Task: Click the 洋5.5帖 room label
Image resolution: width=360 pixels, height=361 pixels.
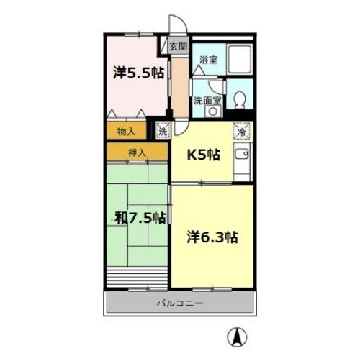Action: pos(138,73)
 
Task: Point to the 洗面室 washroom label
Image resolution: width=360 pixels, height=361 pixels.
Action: pos(207,101)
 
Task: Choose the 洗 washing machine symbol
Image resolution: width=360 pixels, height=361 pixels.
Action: pos(163,131)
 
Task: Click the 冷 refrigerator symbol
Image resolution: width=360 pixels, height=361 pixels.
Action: pos(242,132)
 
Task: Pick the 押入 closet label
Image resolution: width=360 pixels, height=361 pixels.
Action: pos(138,152)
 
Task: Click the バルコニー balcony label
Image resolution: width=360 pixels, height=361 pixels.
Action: pos(180,303)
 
